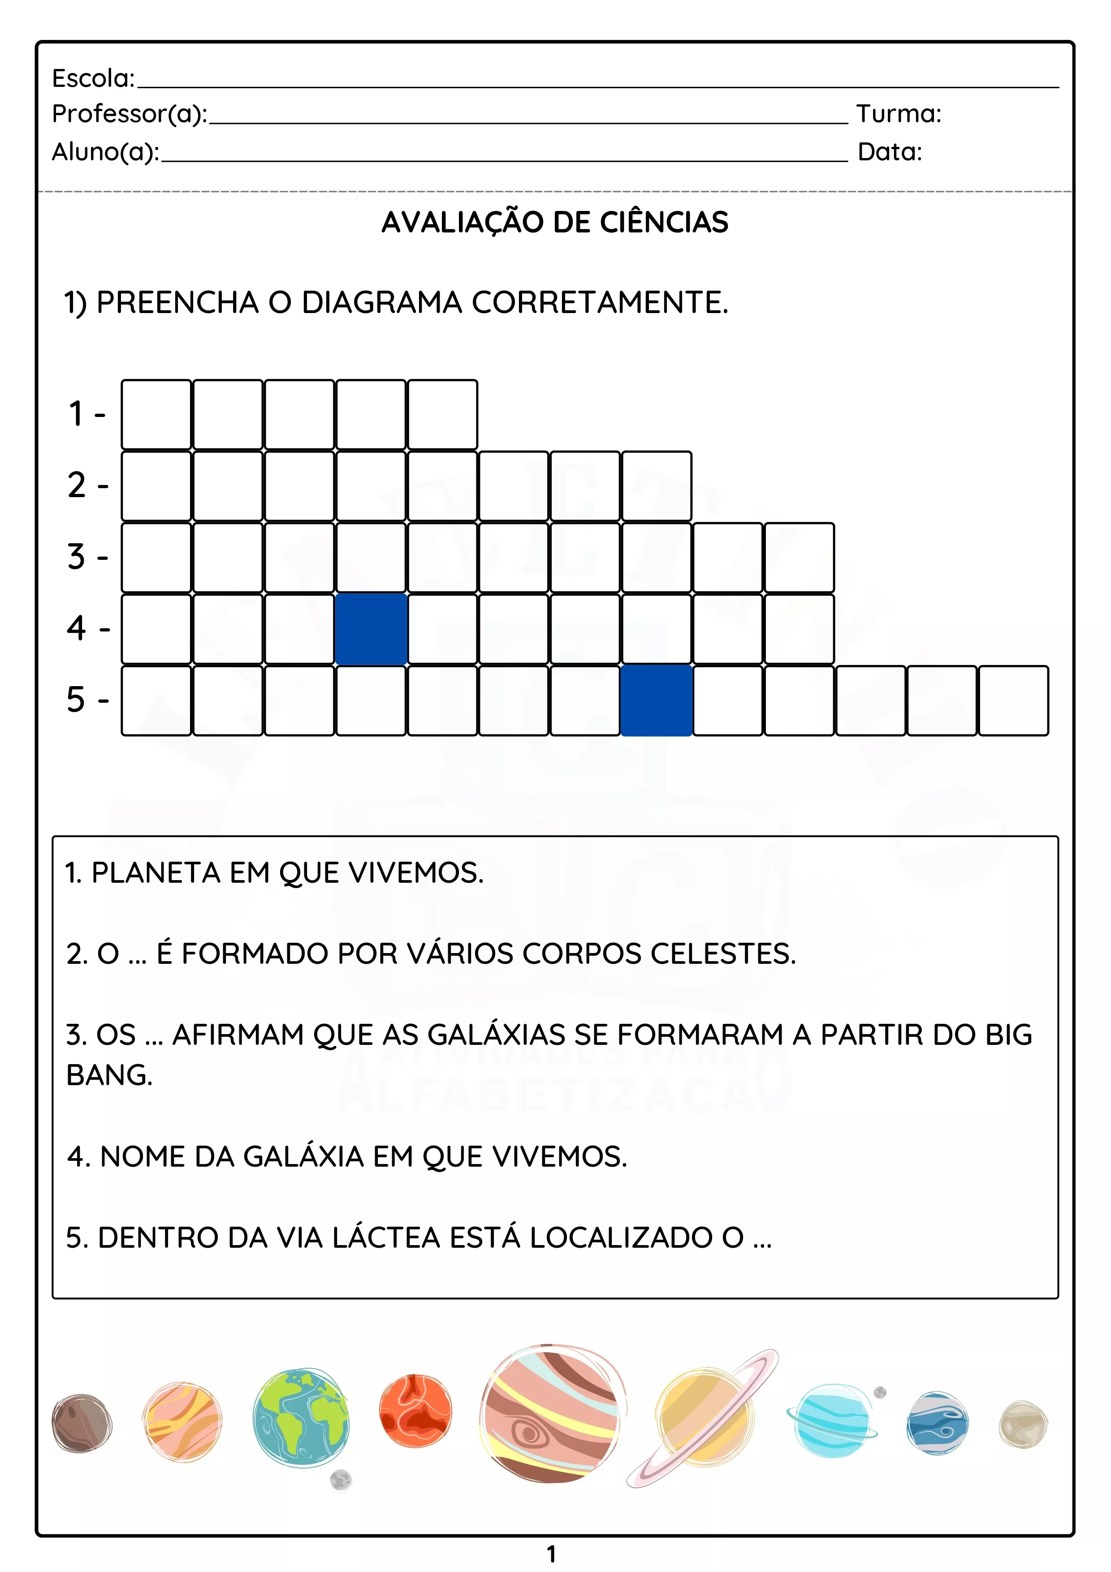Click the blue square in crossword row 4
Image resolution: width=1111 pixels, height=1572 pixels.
coord(371,628)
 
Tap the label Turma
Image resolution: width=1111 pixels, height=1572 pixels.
coord(898,114)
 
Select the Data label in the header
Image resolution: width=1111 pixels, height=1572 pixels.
coord(889,152)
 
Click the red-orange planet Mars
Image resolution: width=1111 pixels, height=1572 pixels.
coord(415,1410)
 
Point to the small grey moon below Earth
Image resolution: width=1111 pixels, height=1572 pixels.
coord(341,1480)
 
